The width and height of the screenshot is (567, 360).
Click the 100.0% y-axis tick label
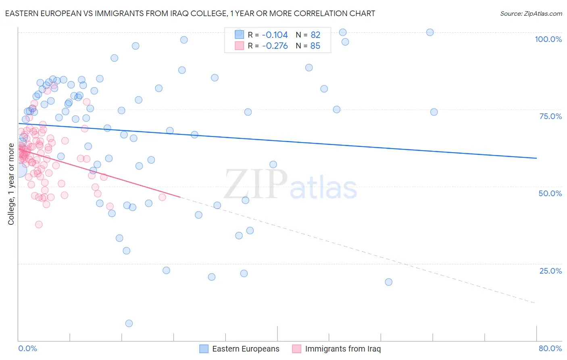pos(548,39)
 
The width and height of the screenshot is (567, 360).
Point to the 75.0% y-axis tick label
pos(550,116)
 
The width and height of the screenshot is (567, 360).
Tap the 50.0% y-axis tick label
pos(550,193)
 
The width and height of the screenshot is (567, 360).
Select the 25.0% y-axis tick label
pos(550,271)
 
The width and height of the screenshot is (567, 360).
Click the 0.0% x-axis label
pos(27,348)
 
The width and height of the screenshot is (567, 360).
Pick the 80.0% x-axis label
pos(550,348)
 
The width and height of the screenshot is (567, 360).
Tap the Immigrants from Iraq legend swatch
pos(297,349)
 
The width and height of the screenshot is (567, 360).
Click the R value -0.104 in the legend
pos(275,35)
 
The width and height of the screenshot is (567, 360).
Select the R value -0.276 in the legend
pos(275,46)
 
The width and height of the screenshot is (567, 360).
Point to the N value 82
pos(315,35)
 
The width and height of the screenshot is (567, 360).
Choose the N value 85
pos(315,46)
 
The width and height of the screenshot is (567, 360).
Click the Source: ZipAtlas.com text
pos(531,14)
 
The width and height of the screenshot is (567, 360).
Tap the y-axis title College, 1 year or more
pos(11,184)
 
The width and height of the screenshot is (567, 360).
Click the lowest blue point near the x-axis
pos(129,323)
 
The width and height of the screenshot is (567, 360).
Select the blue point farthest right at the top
pos(430,32)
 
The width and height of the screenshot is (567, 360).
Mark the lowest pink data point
pos(39,224)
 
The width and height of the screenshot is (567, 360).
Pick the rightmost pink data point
pos(162,197)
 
